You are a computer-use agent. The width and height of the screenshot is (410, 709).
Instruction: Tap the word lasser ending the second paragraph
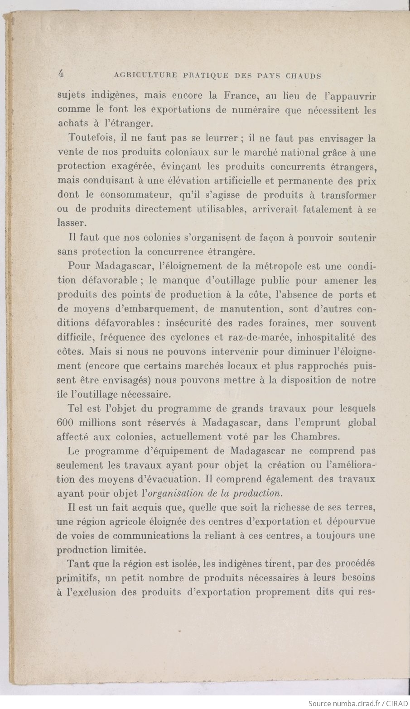coord(71,224)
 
